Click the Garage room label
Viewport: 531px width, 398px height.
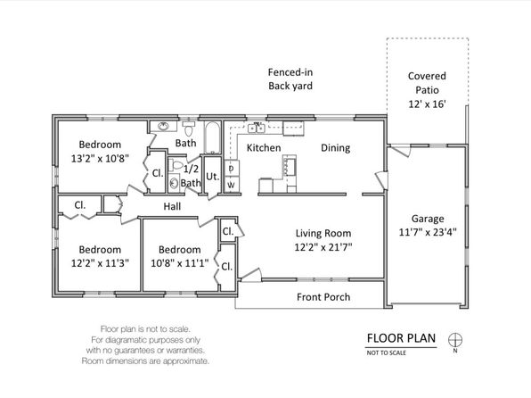428,219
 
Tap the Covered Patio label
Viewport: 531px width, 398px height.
427,83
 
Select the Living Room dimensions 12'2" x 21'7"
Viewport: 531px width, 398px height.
323,247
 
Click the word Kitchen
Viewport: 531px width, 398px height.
264,148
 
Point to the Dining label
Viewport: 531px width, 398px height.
335,148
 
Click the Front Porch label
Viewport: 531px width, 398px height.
323,297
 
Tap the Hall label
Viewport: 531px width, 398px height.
172,206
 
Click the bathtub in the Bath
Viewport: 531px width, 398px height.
212,137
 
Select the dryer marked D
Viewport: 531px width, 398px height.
232,169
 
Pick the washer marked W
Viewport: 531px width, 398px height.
232,185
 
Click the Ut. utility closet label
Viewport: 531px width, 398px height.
212,177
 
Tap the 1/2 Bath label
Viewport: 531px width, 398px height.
191,176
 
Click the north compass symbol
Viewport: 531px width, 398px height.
455,340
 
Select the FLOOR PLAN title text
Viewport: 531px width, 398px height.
401,338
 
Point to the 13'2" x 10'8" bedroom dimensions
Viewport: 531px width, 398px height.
100,159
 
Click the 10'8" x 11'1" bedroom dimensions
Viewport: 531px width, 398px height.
179,263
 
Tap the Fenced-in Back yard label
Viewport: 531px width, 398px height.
290,79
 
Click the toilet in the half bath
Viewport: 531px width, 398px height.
176,166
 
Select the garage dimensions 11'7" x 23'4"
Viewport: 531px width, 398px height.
428,232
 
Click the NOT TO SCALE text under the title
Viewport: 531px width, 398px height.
386,352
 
